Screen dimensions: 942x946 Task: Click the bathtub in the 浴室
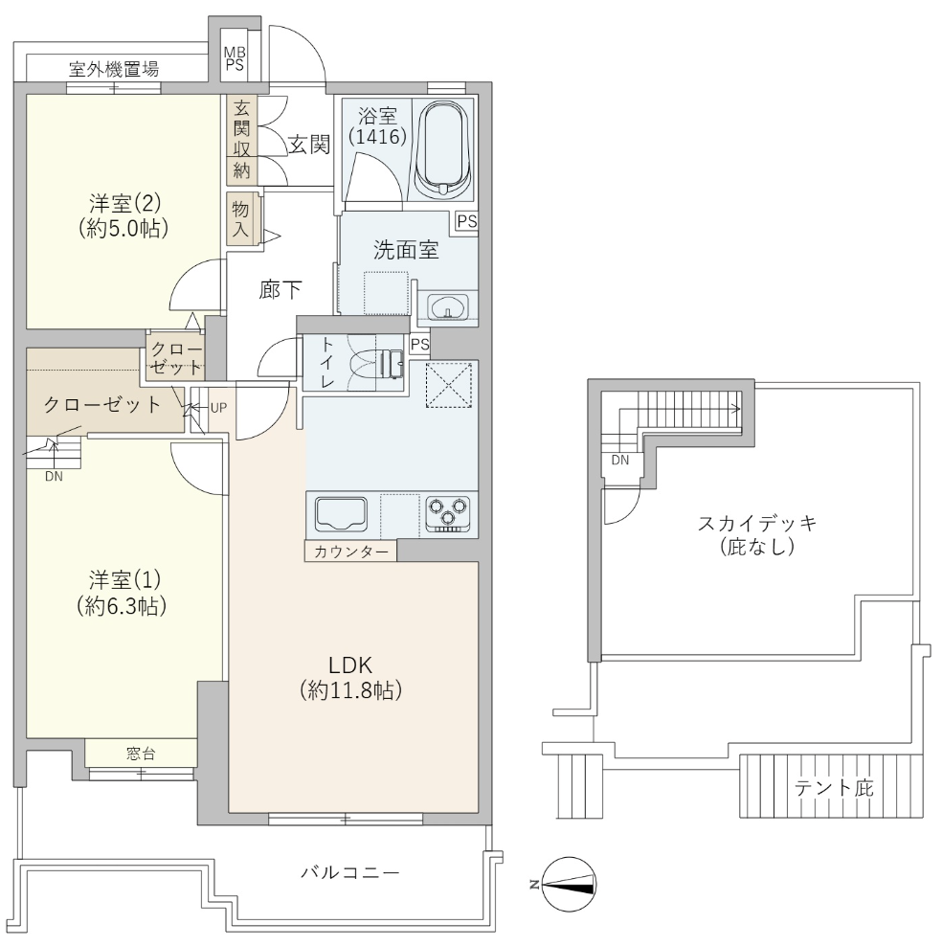point(444,148)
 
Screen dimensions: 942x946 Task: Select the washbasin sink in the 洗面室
point(448,306)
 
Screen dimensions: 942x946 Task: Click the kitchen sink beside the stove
point(341,514)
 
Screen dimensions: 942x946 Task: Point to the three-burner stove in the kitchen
point(448,513)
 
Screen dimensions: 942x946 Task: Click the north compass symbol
point(569,885)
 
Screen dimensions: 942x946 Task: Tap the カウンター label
point(351,552)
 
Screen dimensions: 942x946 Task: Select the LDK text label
point(350,664)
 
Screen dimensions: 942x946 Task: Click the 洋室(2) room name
point(124,203)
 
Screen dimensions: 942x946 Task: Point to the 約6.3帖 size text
point(122,605)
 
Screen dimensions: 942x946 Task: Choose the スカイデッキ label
point(757,523)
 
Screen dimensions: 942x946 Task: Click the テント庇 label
point(834,788)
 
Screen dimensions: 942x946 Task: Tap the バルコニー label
point(350,872)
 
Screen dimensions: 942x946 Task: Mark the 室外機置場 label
point(114,69)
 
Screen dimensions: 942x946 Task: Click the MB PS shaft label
point(235,59)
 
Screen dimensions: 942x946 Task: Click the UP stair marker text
point(218,408)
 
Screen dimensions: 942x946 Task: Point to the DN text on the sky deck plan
point(620,461)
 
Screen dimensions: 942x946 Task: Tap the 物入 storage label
point(240,218)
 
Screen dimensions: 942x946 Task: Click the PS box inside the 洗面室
point(467,221)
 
